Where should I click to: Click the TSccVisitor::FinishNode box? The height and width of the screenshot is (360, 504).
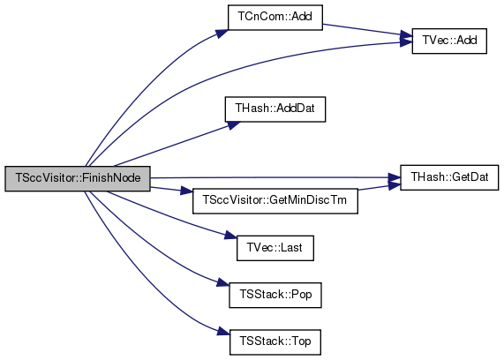coord(78,179)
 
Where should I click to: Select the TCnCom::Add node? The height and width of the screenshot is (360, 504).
coord(275,18)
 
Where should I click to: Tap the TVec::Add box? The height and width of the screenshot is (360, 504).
coord(449,41)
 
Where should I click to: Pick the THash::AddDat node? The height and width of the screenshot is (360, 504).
coord(275,109)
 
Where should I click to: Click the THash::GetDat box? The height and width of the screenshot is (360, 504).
coord(449,177)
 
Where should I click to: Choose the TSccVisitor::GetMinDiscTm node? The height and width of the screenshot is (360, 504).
coord(275,201)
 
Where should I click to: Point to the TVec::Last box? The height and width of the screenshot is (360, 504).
coord(275,248)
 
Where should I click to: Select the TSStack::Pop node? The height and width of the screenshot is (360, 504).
coord(275,295)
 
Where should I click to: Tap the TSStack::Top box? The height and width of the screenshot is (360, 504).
coord(275,342)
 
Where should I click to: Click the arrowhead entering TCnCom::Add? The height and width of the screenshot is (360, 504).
coord(222,34)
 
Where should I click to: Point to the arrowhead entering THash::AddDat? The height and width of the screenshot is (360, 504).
coord(233,125)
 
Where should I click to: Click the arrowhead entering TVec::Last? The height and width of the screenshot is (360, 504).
coord(230,236)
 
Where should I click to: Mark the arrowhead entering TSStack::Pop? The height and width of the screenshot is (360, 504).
coord(223,283)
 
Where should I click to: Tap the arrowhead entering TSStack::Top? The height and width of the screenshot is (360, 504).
coord(223,331)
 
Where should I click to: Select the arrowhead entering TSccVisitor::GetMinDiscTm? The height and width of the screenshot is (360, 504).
coord(187,191)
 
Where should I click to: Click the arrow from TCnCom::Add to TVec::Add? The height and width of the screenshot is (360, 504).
coord(367,30)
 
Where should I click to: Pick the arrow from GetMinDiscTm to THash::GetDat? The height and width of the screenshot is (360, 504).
coord(379,187)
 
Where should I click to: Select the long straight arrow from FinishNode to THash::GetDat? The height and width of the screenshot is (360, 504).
coord(275,177)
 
